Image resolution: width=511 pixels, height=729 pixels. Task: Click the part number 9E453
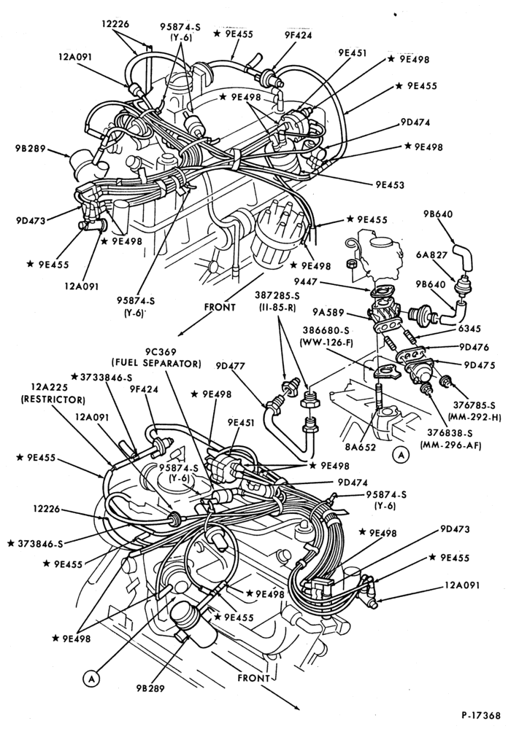(x=390, y=185)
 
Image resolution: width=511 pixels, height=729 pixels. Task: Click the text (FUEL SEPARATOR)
(x=155, y=363)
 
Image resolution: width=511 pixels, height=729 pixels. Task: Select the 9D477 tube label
(x=231, y=366)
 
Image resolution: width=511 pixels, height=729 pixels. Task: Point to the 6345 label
(x=460, y=329)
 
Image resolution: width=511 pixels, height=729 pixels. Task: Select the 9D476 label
(x=474, y=347)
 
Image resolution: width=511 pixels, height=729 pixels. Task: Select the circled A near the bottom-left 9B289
(x=91, y=679)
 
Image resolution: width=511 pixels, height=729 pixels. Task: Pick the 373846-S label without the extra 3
(x=36, y=543)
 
